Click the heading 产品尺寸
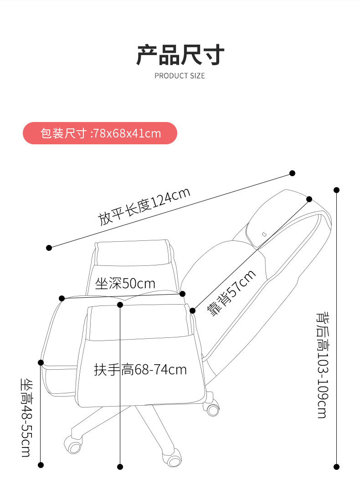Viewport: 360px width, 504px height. [x=180, y=55]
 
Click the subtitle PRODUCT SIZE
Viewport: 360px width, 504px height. [x=180, y=76]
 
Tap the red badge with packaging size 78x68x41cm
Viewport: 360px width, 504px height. [x=100, y=133]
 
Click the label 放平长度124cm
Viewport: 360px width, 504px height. [x=144, y=206]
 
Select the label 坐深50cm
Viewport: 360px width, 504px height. [x=125, y=284]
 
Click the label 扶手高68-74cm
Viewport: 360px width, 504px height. [x=140, y=369]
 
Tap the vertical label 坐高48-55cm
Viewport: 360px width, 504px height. [x=26, y=417]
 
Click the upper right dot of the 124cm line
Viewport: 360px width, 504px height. [x=293, y=173]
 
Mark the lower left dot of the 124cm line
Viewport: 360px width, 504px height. [x=49, y=248]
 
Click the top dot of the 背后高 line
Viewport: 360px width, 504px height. [x=337, y=190]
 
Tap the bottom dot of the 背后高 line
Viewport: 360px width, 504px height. [x=337, y=467]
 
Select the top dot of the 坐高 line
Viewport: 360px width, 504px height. [x=41, y=362]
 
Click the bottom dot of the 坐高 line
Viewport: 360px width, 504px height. [x=41, y=465]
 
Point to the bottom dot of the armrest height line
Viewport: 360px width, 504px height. [x=120, y=467]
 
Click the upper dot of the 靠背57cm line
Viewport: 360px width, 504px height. [x=309, y=199]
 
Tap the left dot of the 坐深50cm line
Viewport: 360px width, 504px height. [x=62, y=298]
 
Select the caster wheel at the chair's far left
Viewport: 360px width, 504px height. [x=73, y=444]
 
